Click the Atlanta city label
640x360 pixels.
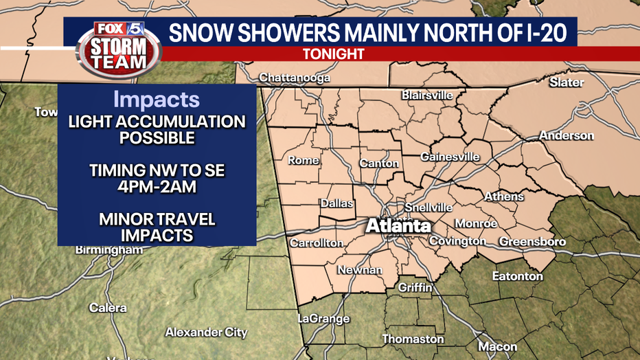tap(398, 225)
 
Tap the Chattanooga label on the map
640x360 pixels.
tap(295, 78)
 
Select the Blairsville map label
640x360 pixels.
tap(427, 95)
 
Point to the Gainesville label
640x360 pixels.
tap(450, 157)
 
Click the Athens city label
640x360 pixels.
tap(504, 196)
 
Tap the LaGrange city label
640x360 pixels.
tap(323, 319)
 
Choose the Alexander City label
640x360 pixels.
tap(206, 333)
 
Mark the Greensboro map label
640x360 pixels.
tap(532, 242)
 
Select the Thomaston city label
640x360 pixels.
tap(413, 339)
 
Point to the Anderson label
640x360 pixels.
tap(566, 135)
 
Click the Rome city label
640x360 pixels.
tap(303, 160)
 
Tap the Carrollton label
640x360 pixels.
tap(316, 243)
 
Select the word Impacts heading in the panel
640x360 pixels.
tap(157, 100)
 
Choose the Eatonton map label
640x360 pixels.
tap(517, 276)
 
